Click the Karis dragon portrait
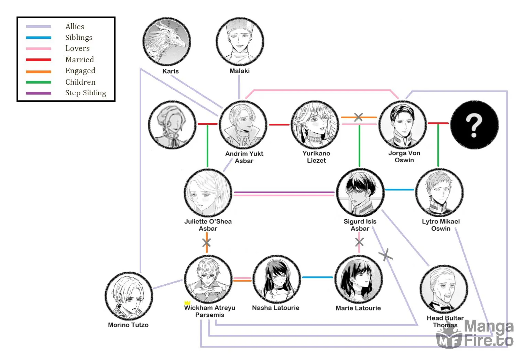coord(167,41)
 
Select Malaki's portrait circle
coord(240,41)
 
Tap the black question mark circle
coord(474,125)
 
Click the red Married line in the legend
coord(39,60)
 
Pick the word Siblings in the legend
coord(79,37)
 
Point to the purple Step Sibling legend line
coord(39,93)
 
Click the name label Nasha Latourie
coord(275,308)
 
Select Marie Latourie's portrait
coord(359,279)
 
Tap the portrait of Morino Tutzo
coord(129,296)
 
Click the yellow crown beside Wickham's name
coord(187,303)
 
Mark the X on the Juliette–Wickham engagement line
coord(207,242)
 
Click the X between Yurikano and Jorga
coord(358,117)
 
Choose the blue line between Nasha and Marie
coord(317,277)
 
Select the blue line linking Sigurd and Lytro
coord(400,190)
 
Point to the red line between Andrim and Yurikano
coord(279,125)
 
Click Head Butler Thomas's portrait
coord(444,289)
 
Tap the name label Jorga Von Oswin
coord(404,156)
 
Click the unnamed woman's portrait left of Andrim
coord(172,125)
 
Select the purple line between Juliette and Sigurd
coord(284,192)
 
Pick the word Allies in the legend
coord(75,27)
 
